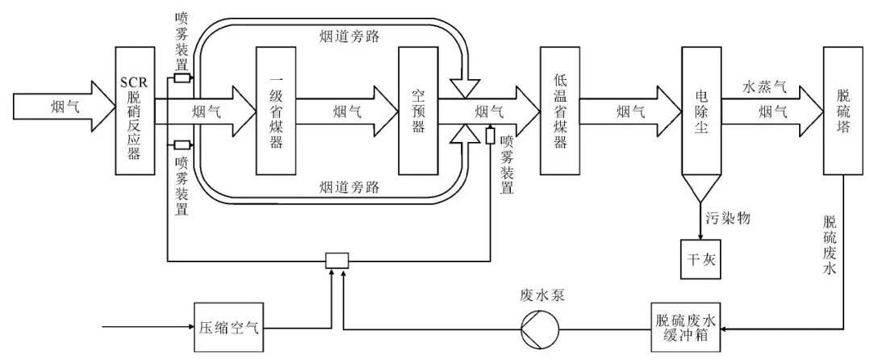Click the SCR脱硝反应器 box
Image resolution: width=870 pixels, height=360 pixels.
coord(134,111)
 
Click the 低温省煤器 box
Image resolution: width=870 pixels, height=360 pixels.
coord(559,111)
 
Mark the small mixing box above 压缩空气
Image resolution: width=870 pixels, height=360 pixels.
coord(334,260)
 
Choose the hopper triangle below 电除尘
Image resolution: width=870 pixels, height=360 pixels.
coord(701,188)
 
